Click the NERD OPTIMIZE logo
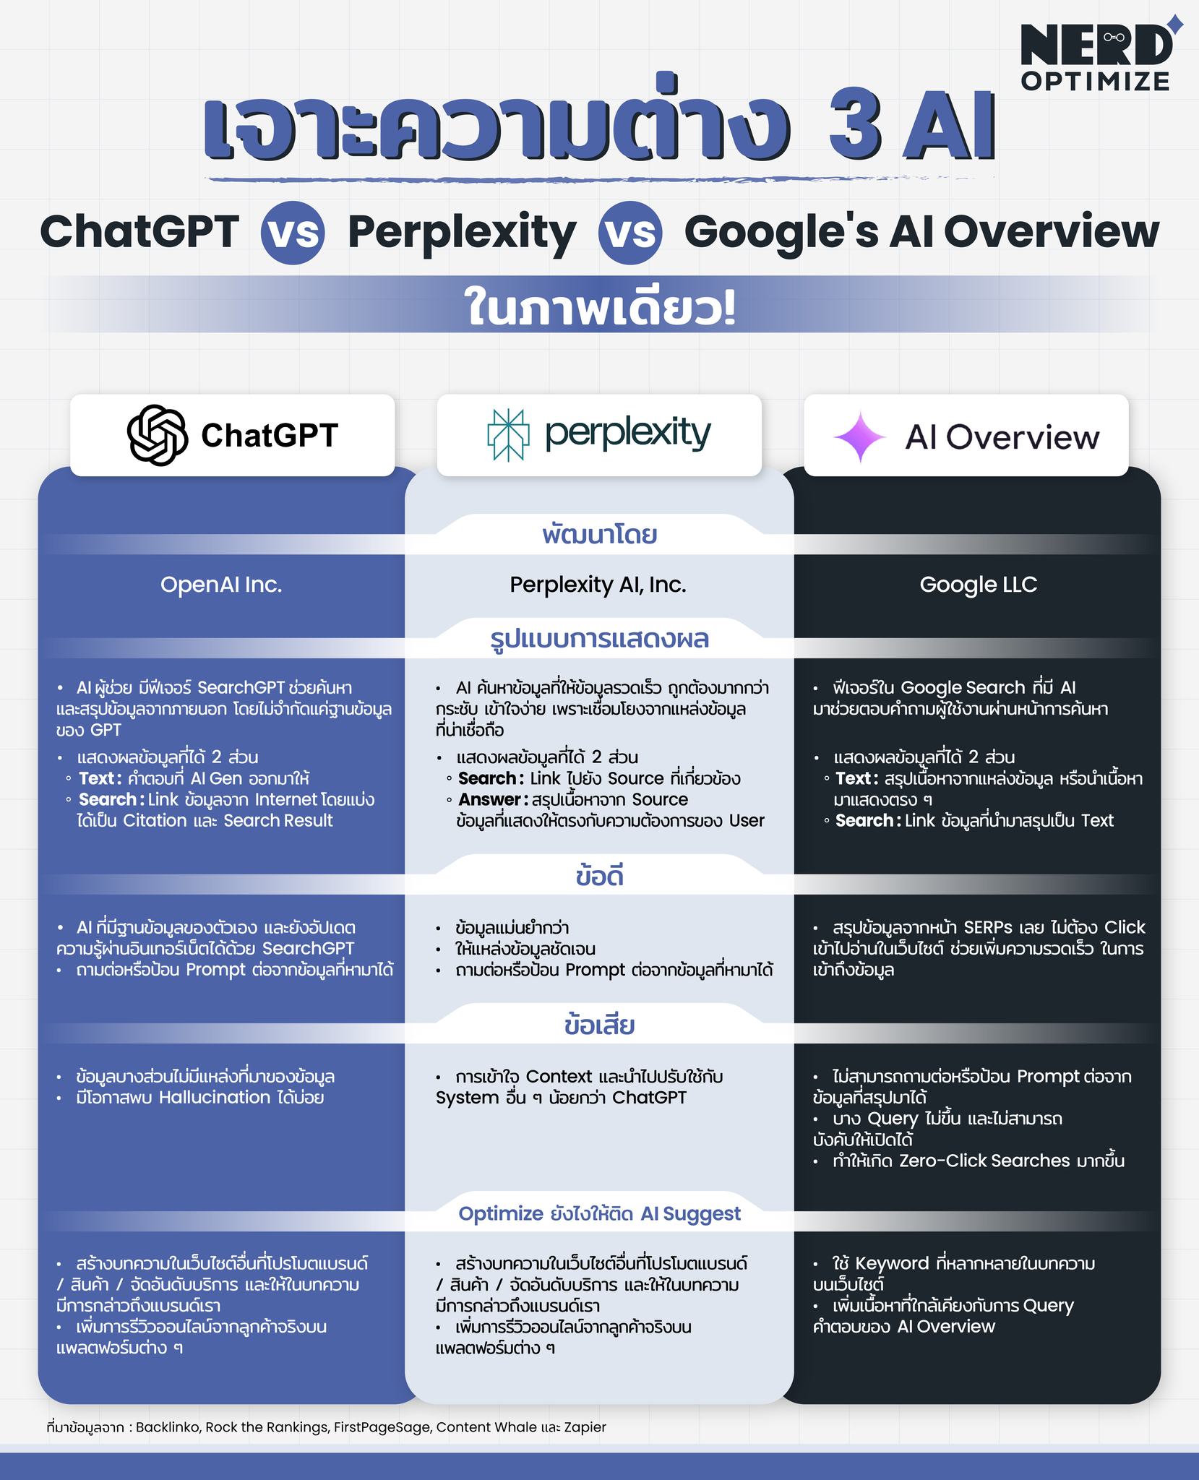point(1101,56)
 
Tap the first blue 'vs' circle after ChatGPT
point(293,233)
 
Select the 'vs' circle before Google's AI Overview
point(631,233)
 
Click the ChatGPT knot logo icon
point(158,434)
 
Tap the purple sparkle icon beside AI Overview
point(860,436)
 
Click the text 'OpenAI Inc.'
point(221,585)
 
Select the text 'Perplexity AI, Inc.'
point(598,585)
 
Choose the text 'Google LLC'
point(979,585)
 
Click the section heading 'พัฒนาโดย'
point(600,535)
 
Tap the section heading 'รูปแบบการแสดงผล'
point(600,640)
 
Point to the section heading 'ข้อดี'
point(600,877)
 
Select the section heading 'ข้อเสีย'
point(600,1025)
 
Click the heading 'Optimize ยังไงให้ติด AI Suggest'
point(600,1213)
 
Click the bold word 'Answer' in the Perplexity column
point(490,799)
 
